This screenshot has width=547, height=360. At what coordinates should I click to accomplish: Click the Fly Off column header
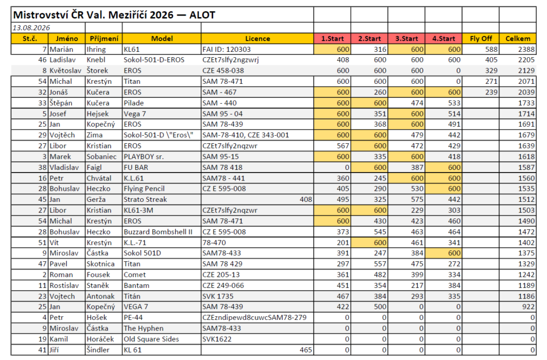pos(481,38)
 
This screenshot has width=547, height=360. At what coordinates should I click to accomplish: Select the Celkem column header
pos(518,38)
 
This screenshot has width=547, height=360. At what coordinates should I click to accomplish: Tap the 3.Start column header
pos(407,38)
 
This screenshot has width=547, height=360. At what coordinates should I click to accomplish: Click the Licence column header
pos(257,38)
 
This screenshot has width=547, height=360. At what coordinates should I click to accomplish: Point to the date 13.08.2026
pos(32,28)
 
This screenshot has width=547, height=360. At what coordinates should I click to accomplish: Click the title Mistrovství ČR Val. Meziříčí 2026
pos(93,15)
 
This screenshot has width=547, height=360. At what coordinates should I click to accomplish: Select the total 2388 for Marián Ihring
pos(526,50)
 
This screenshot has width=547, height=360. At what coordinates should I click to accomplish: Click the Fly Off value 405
pos(491,60)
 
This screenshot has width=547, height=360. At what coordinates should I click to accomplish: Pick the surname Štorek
pos(97,71)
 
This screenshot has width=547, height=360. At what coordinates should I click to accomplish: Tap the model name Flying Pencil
pos(144,189)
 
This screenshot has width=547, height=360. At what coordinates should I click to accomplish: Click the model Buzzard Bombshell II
pos(158,232)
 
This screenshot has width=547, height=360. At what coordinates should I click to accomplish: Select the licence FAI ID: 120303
pos(226,50)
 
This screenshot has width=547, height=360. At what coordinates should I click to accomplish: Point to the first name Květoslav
pos(65,71)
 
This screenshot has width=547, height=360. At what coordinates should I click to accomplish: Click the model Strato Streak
pos(145,200)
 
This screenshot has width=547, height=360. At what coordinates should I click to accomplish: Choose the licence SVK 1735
pos(218,296)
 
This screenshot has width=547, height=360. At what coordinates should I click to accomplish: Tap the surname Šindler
pos(98,350)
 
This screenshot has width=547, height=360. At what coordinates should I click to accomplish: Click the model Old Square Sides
pos(151,339)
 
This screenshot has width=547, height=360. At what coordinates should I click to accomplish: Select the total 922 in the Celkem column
pos(528,307)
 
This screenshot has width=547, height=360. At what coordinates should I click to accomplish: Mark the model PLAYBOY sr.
pos(144,156)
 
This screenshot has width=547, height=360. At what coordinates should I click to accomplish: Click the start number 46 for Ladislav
pos(42,60)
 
